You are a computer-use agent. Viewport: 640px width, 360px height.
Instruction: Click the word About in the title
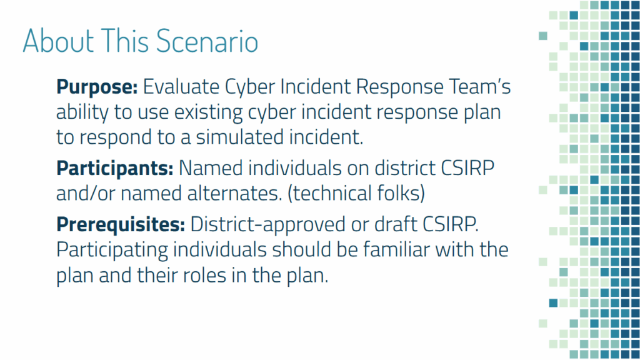tap(58, 41)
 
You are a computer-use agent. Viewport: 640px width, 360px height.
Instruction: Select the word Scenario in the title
tap(207, 41)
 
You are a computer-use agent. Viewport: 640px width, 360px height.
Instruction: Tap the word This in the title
tap(125, 41)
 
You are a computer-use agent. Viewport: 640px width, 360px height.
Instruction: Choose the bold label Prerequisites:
tap(121, 225)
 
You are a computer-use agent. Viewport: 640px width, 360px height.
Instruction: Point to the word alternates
tap(235, 194)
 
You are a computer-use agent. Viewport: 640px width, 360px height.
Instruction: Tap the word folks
tap(401, 194)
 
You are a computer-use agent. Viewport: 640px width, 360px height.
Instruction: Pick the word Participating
tap(112, 251)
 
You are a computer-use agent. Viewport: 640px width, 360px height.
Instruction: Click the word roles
tap(204, 275)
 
